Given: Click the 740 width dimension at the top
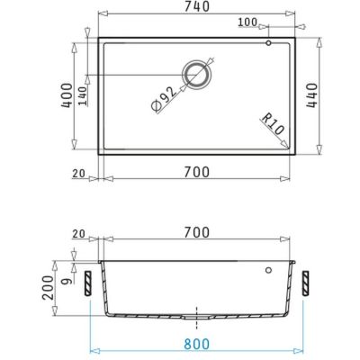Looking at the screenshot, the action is click(x=197, y=6).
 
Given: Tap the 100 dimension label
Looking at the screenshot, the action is click(x=247, y=22).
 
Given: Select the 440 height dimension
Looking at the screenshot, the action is click(x=312, y=95).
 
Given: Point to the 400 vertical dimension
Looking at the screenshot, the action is click(x=67, y=95).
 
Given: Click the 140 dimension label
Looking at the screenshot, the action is click(x=83, y=96).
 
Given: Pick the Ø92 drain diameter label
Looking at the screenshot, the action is click(x=164, y=99).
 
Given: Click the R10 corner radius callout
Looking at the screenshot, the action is click(x=273, y=123).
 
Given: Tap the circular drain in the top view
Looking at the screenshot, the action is click(x=196, y=75).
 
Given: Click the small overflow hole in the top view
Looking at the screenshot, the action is click(x=268, y=43).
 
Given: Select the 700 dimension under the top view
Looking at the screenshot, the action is click(x=197, y=172).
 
